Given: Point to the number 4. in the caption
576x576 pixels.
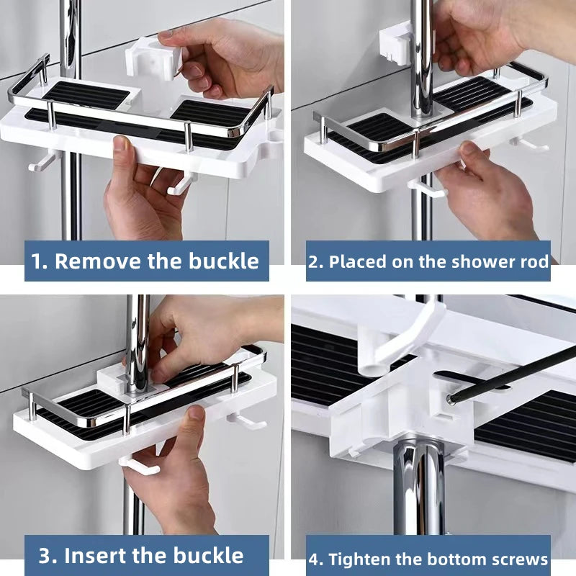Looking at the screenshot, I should [x=317, y=559].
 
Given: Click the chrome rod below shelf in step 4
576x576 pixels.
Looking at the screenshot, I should [x=419, y=490].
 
